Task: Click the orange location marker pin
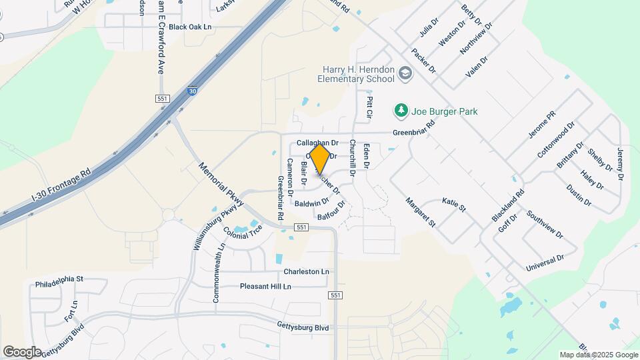320,159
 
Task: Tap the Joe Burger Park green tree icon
401,111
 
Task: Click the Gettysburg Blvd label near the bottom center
303,327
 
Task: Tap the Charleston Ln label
306,272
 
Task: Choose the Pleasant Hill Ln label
265,287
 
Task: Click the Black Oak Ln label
190,27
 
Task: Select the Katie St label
453,203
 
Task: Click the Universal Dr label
545,262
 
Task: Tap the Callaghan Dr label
317,143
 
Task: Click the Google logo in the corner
22,351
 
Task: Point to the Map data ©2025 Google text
598,355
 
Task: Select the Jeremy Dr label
619,163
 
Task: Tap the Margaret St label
420,212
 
